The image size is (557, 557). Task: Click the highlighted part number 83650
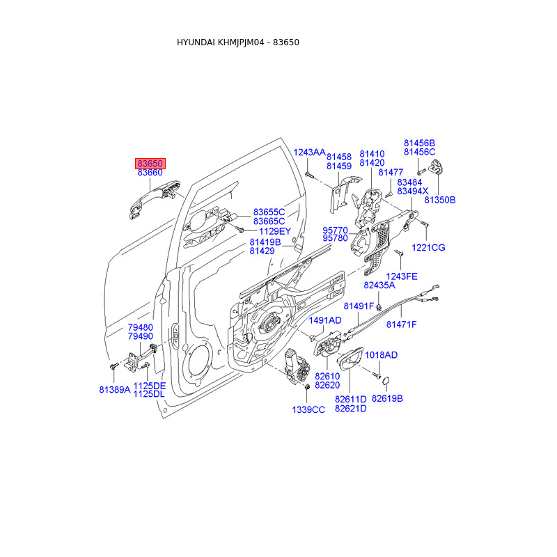[150, 163]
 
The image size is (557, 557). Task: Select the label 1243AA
[309, 152]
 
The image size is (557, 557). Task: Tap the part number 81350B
[439, 200]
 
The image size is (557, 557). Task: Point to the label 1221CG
[427, 248]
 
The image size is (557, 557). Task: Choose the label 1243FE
[402, 276]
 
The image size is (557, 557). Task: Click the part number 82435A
[379, 285]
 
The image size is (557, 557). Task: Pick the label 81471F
[402, 324]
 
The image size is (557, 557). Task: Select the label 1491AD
[325, 320]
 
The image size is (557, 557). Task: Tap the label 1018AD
[381, 355]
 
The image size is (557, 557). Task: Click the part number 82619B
[387, 399]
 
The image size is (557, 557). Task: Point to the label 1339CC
[308, 410]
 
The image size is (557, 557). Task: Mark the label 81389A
[114, 390]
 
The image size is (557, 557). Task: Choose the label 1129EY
[274, 231]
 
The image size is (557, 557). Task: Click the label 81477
[392, 172]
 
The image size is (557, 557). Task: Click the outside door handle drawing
[155, 198]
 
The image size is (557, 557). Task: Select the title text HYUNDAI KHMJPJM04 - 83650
[238, 42]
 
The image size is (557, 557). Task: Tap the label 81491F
[359, 307]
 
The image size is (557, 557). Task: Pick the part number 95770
[336, 229]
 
